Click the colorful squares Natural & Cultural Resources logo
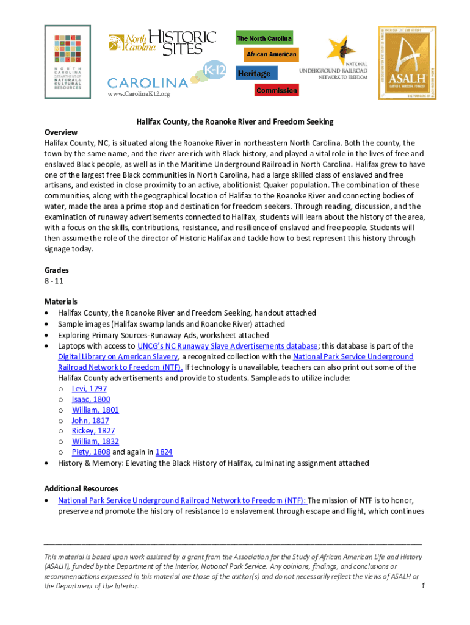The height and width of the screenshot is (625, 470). pos(68,62)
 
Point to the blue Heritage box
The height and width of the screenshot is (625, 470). pos(254,74)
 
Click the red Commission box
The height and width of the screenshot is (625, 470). pos(277,91)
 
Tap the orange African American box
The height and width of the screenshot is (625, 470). pos(271,55)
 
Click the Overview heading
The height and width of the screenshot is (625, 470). pos(61,132)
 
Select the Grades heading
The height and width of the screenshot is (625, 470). pos(57,270)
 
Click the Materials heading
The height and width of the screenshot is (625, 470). pos(61,302)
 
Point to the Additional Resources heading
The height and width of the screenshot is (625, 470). pos(81,489)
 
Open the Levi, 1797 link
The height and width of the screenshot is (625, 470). pos(89,389)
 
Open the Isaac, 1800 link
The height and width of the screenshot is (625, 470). pos(91,399)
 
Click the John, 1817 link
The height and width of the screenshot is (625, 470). pos(90,421)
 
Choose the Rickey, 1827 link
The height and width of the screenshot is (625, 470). pos(93,431)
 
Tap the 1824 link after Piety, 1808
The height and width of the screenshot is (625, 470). pos(164,452)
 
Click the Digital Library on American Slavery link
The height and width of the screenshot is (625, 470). pos(118,357)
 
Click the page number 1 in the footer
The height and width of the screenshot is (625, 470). pos(422,587)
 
